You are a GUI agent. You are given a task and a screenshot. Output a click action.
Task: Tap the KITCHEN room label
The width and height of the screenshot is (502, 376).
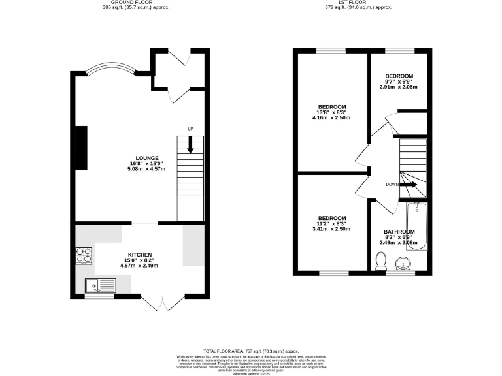[x=140, y=254]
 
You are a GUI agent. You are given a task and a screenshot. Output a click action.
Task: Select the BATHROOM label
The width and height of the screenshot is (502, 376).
[x=399, y=232]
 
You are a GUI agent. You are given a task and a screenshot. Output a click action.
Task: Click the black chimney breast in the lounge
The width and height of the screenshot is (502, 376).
[x=81, y=148]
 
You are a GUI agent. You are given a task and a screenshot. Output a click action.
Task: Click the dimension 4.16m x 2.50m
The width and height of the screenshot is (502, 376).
[x=332, y=118]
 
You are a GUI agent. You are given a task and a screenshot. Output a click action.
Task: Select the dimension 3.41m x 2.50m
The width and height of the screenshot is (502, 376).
[x=332, y=229]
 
